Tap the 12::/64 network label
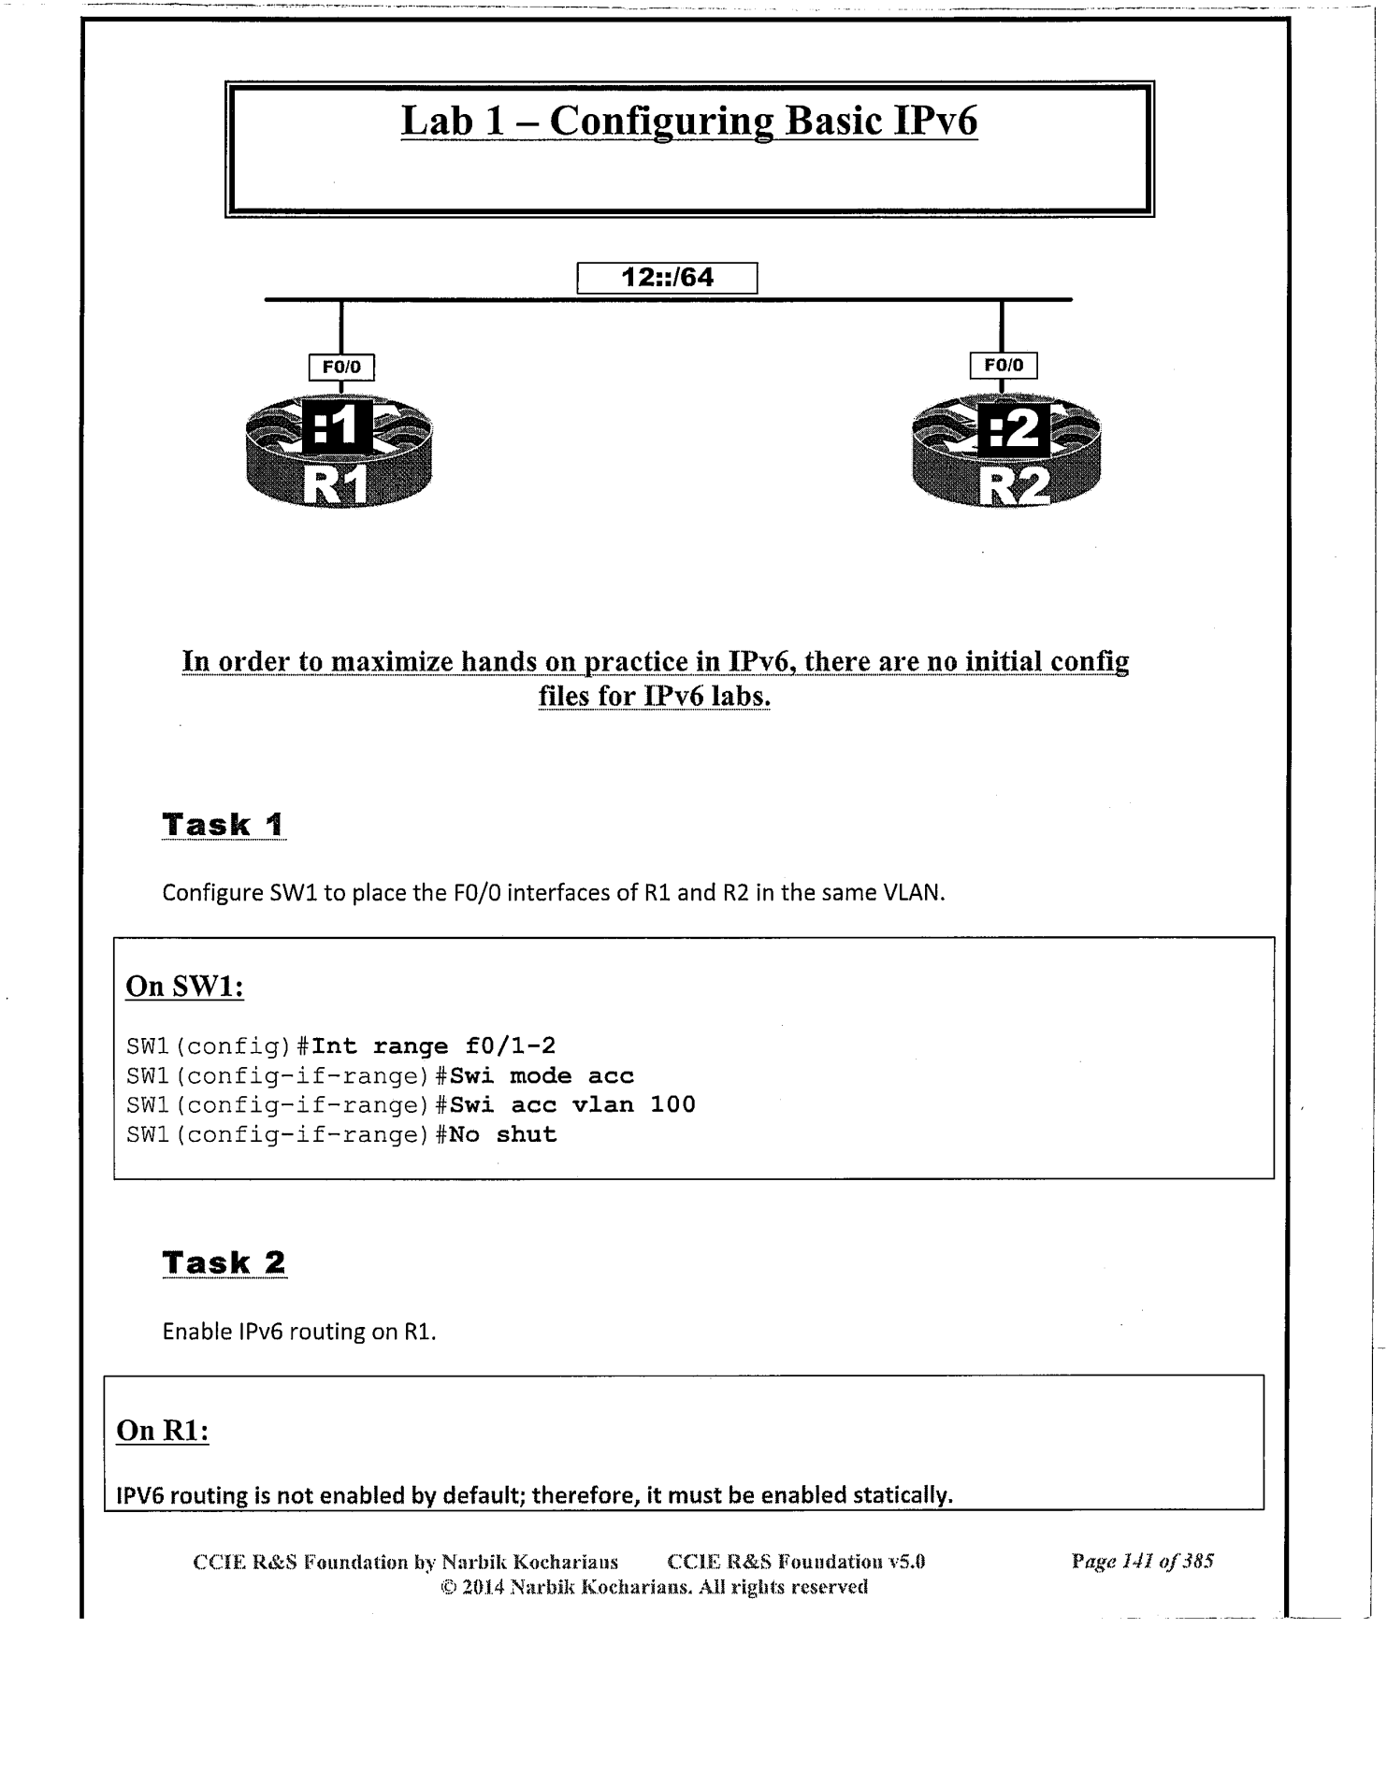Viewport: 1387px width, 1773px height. pyautogui.click(x=667, y=278)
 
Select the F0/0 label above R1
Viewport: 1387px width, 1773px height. pyautogui.click(x=341, y=368)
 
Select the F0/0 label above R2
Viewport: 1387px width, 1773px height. pyautogui.click(x=1004, y=366)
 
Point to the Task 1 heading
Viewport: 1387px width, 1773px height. pyautogui.click(x=224, y=825)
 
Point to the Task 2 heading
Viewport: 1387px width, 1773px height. pyautogui.click(x=224, y=1262)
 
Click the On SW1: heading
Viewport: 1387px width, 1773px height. pyautogui.click(x=184, y=987)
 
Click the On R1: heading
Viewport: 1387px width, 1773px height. pyautogui.click(x=162, y=1430)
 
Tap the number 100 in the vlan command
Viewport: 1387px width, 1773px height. pyautogui.click(x=672, y=1104)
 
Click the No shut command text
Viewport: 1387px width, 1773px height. pyautogui.click(x=503, y=1134)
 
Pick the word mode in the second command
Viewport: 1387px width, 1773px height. pyautogui.click(x=541, y=1075)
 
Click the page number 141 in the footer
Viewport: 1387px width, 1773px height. pyautogui.click(x=1134, y=1561)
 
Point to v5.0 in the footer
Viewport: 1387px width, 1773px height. pyautogui.click(x=905, y=1561)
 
